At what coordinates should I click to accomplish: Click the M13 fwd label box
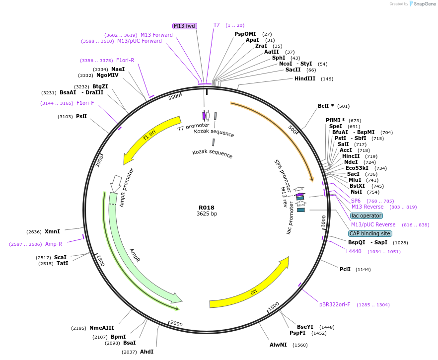[185, 26]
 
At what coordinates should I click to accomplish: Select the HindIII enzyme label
[304, 78]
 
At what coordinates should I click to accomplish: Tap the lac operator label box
[366, 216]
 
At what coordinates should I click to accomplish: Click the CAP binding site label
[370, 233]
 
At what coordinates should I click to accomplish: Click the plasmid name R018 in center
[206, 208]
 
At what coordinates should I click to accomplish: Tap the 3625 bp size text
[207, 214]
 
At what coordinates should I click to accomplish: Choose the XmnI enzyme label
[52, 231]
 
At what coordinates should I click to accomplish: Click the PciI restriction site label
[345, 269]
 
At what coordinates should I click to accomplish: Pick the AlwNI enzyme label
[278, 345]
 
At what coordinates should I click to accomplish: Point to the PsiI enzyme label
[81, 116]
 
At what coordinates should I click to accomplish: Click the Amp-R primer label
[54, 244]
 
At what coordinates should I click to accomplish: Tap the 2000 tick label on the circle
[177, 324]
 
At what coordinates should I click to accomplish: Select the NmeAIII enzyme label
[101, 328]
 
